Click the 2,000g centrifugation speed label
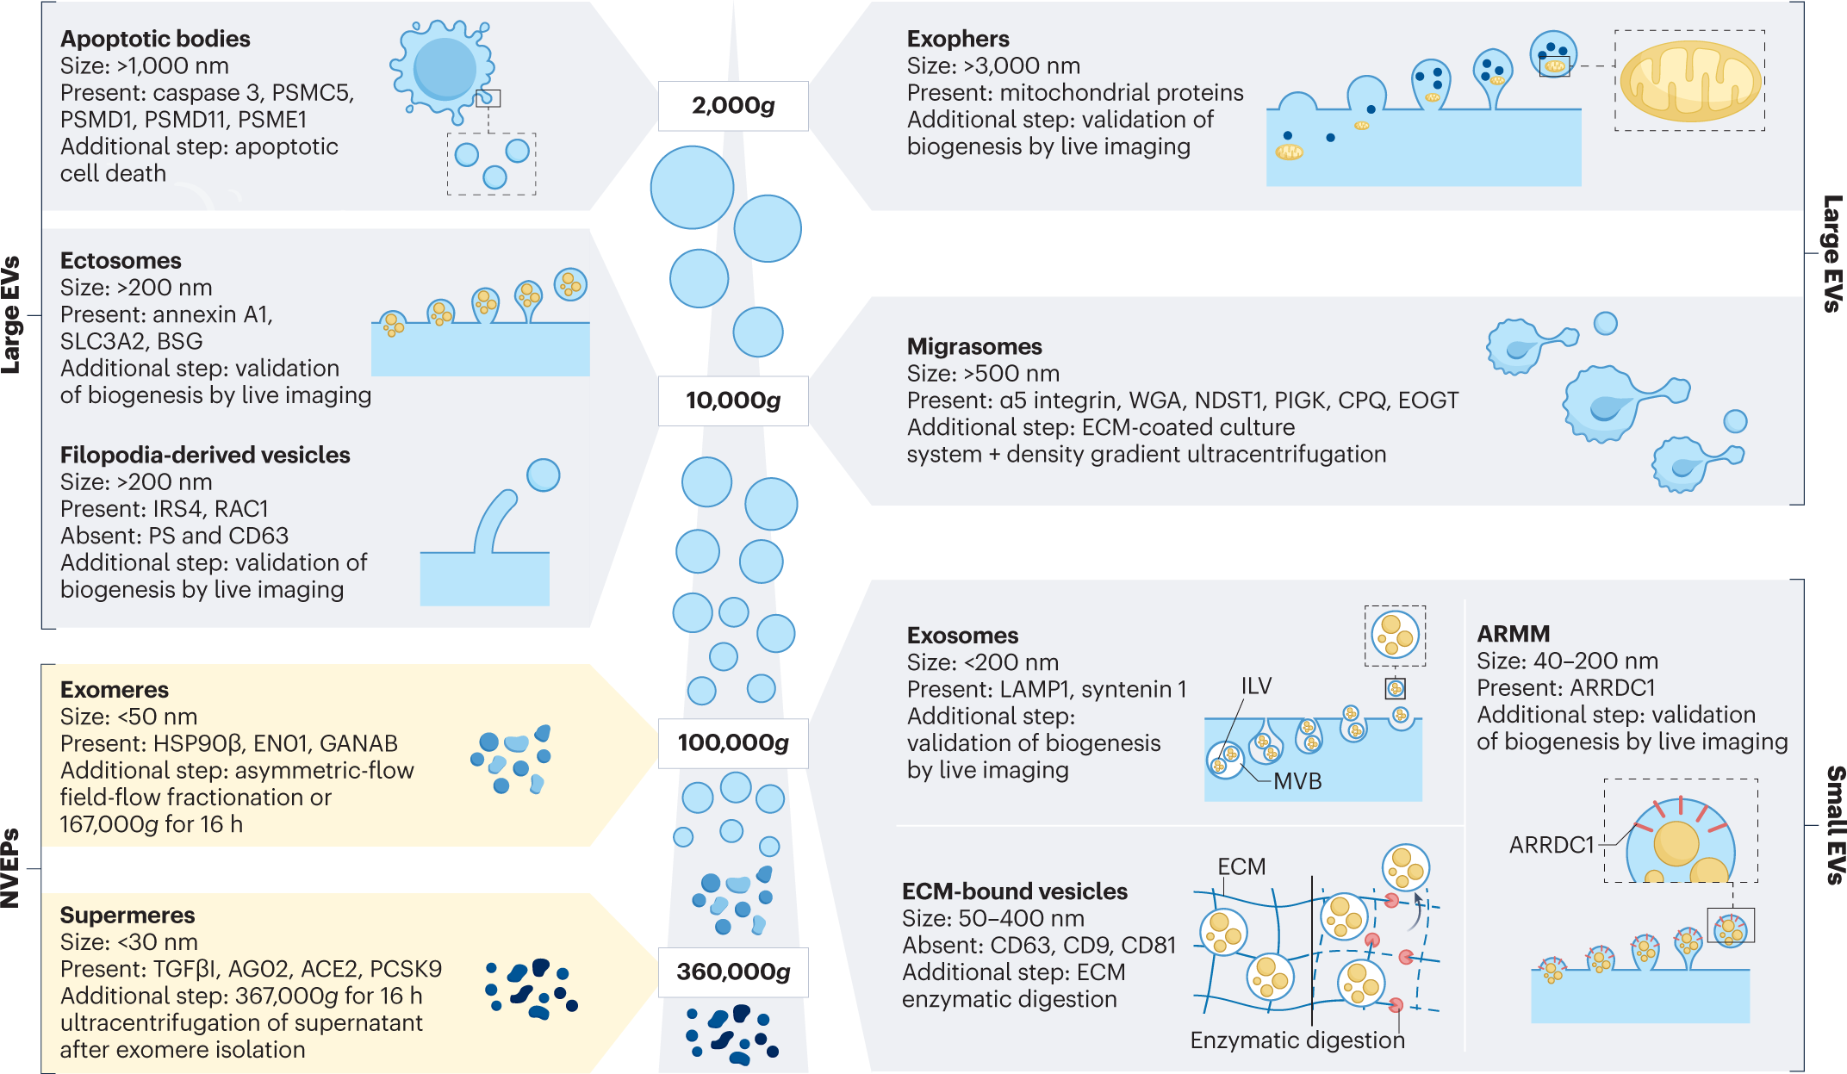(733, 106)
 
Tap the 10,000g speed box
(733, 400)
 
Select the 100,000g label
(733, 742)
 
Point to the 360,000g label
(733, 972)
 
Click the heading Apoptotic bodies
(155, 39)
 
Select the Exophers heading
(958, 39)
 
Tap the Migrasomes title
(974, 346)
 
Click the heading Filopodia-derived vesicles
(205, 455)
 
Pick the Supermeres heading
(127, 915)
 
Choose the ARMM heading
(1514, 634)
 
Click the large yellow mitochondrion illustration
(1690, 81)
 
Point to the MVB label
(1297, 781)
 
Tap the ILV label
(1256, 686)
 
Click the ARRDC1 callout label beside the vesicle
(1552, 845)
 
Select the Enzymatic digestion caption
(1297, 1040)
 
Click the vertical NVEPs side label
(10, 868)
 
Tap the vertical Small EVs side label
(1834, 824)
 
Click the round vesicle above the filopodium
(543, 475)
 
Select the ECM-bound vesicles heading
(1015, 891)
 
